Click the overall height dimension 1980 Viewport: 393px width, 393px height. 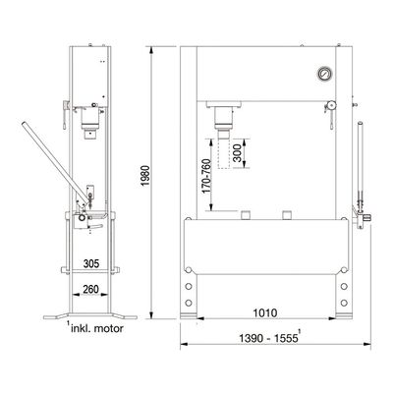click(144, 176)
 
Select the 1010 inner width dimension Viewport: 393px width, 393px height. click(265, 313)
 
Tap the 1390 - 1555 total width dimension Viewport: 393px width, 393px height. click(268, 338)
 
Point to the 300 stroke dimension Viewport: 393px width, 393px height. click(237, 153)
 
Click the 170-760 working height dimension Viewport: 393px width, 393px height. click(206, 176)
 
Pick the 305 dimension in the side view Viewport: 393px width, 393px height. click(91, 263)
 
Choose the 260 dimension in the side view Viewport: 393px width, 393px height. click(90, 290)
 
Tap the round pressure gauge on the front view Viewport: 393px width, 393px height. click(324, 74)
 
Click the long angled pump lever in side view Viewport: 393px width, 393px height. click(56, 163)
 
